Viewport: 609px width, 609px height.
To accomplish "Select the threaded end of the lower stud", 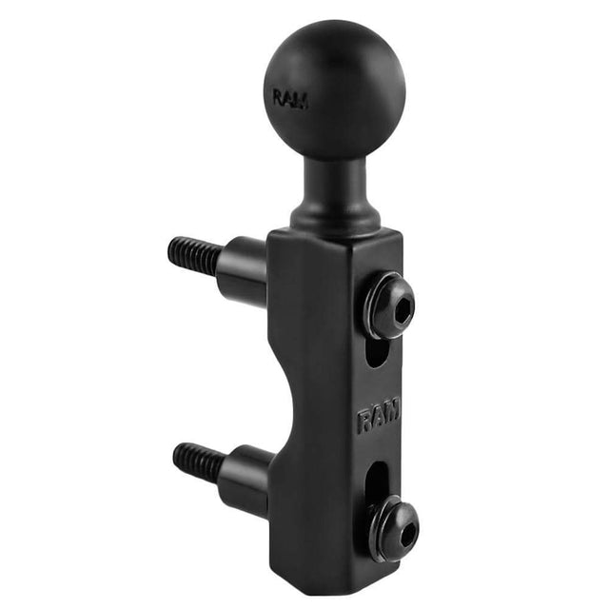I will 196,461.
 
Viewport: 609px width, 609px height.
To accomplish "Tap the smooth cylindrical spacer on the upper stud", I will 243,265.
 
